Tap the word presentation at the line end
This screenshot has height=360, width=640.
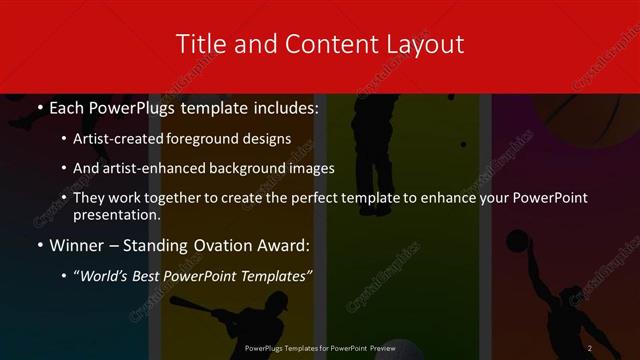(116, 214)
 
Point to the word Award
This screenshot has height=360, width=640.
(284, 245)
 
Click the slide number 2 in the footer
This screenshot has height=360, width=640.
(590, 347)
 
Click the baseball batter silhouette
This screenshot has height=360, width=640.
(235, 318)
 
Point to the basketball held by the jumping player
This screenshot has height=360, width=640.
(517, 241)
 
